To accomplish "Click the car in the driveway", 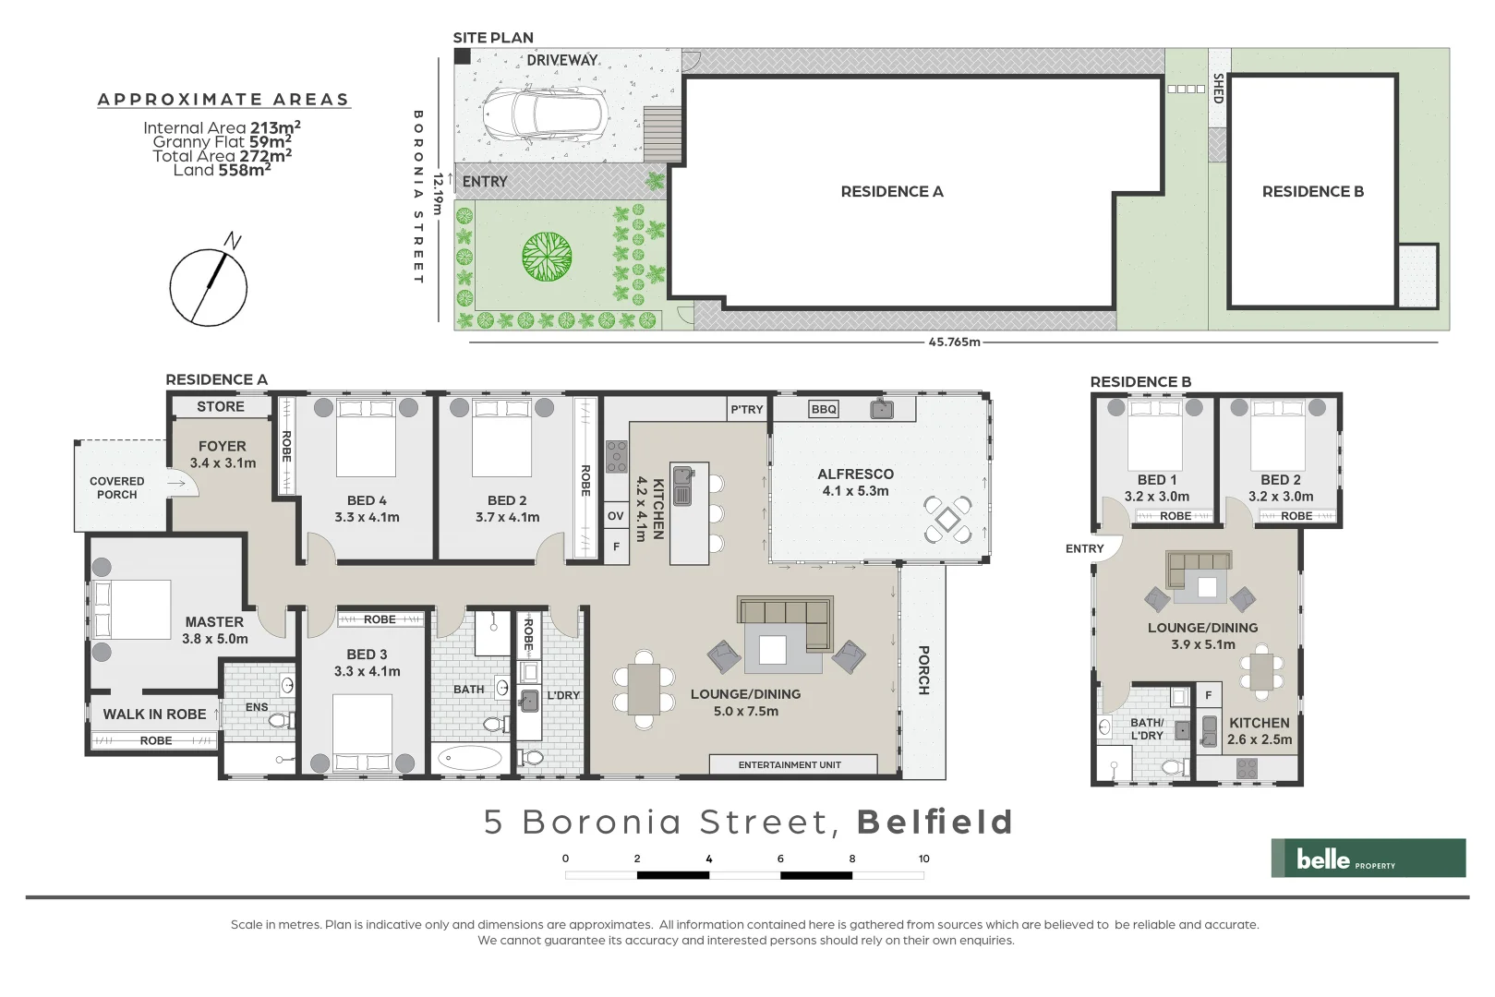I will pos(544,115).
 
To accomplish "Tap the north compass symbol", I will pos(209,286).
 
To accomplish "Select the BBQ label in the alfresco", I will pos(824,409).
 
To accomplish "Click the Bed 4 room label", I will pos(367,500).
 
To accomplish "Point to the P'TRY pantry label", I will pos(746,409).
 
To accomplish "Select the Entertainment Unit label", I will pos(790,764).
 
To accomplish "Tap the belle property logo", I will pos(1368,859).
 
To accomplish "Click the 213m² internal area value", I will pos(275,127).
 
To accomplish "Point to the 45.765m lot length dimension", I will pos(954,342).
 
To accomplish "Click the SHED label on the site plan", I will pos(1218,89).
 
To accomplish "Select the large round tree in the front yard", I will pos(547,257).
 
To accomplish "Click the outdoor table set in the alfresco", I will pos(948,520).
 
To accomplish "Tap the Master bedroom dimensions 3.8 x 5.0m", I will pos(214,639).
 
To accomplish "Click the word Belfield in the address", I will pos(934,822).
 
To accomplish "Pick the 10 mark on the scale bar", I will pos(923,859).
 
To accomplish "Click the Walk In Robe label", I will pos(154,714).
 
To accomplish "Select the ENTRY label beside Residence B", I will pos(1084,548).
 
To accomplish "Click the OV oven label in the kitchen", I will pos(616,516).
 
